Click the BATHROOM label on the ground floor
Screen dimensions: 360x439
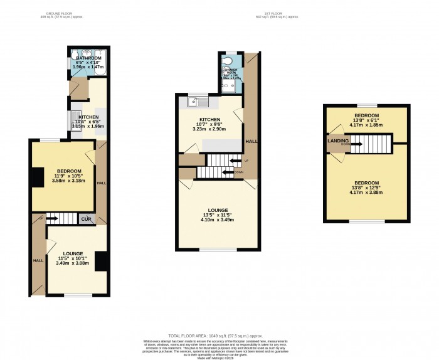(88, 58)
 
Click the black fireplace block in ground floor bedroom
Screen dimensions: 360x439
(38, 177)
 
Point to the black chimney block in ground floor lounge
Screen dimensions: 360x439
(100, 260)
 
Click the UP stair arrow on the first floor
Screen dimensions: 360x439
(237, 161)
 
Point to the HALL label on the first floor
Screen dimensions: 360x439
(250, 142)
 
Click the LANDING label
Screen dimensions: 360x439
(338, 141)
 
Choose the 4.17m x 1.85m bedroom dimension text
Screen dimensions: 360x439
(366, 125)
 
